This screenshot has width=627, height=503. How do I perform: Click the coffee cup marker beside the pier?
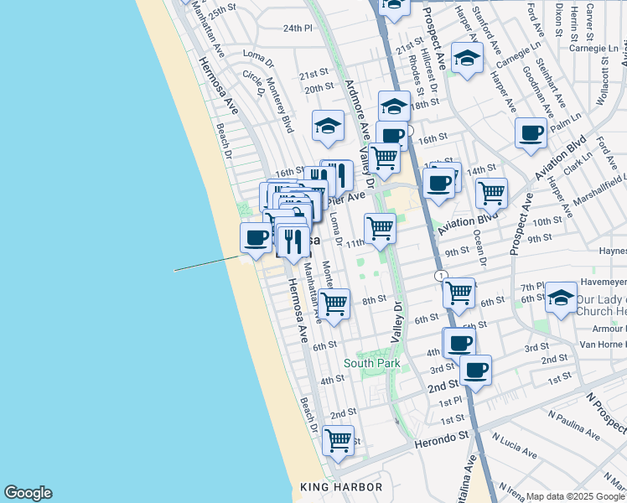pyautogui.click(x=256, y=237)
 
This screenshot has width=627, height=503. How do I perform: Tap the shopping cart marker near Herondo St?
pyautogui.click(x=338, y=439)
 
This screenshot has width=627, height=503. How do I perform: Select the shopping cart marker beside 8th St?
pyautogui.click(x=334, y=303)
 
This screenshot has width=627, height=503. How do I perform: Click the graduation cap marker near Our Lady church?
pyautogui.click(x=561, y=297)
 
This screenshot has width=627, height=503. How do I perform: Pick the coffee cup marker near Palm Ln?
pyautogui.click(x=531, y=132)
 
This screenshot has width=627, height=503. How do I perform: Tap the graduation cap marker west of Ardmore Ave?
pyautogui.click(x=328, y=126)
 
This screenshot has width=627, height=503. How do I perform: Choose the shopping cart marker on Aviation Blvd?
pyautogui.click(x=491, y=193)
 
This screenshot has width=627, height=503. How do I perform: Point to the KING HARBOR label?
pyautogui.click(x=341, y=487)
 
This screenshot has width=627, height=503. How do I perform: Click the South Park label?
pyautogui.click(x=371, y=364)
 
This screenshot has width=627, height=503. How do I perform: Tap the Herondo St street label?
pyautogui.click(x=441, y=438)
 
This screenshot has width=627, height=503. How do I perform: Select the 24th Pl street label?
pyautogui.click(x=297, y=28)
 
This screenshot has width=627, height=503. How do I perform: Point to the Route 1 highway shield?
pyautogui.click(x=439, y=275)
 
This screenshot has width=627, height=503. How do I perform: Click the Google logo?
pyautogui.click(x=28, y=493)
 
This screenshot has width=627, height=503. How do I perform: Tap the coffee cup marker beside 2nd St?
pyautogui.click(x=475, y=370)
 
